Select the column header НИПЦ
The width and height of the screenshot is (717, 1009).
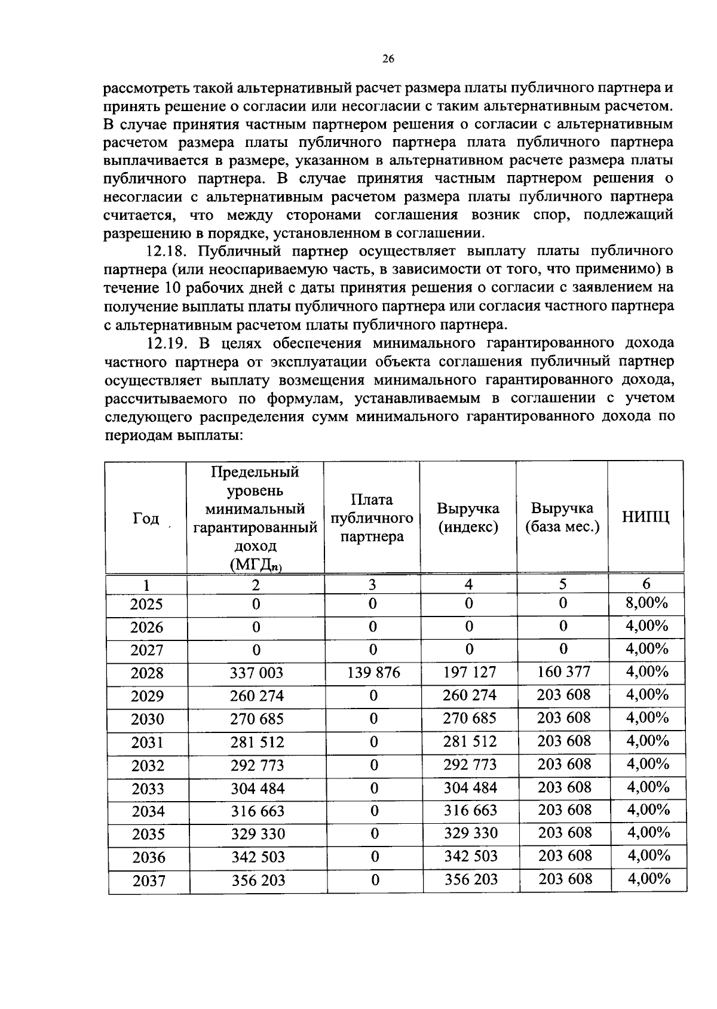click(645, 517)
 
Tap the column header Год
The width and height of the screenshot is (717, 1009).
click(146, 518)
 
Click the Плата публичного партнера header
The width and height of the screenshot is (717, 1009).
click(372, 518)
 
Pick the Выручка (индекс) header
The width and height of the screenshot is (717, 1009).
click(468, 518)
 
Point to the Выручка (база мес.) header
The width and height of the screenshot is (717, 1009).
click(562, 518)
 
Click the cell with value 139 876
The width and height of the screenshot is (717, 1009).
click(373, 673)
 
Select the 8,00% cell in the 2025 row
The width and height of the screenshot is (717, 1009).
click(646, 602)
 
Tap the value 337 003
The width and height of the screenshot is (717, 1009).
click(256, 673)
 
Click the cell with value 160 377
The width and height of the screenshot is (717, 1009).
click(563, 671)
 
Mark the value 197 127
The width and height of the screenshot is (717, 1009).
click(469, 673)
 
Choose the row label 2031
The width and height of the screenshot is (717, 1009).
click(148, 743)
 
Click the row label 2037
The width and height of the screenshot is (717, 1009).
click(149, 881)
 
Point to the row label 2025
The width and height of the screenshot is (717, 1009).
click(146, 604)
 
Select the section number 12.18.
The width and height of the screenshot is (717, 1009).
click(168, 250)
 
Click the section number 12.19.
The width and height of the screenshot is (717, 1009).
click(168, 343)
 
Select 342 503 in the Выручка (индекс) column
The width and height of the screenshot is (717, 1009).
click(471, 856)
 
